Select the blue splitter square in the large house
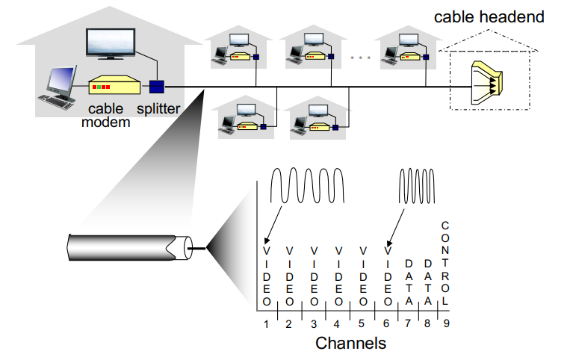156,87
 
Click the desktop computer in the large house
61,86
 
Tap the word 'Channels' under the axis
350,344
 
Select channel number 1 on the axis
265,323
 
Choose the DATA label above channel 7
409,282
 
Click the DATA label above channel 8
428,282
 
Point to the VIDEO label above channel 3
315,276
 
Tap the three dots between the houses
360,57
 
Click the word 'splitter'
158,109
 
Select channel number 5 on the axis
363,323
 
